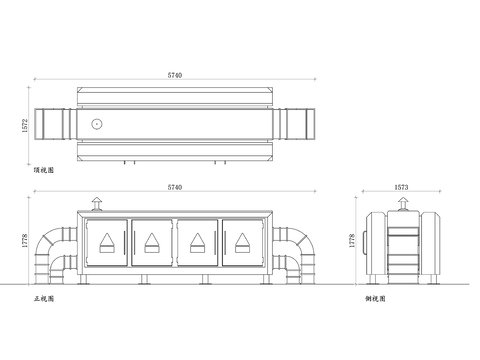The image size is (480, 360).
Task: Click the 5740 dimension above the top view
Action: click(175, 75)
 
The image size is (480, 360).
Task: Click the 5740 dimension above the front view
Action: click(175, 187)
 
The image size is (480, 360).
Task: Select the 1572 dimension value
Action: click(25, 126)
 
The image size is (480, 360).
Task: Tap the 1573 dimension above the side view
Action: click(401, 187)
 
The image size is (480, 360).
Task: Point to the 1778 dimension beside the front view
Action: click(25, 240)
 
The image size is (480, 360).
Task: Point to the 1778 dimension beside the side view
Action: click(352, 240)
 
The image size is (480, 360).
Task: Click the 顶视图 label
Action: click(44, 170)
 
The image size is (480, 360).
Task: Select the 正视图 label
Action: click(44, 299)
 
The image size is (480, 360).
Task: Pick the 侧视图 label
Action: click(375, 299)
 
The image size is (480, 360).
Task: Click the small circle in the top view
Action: click(97, 124)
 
